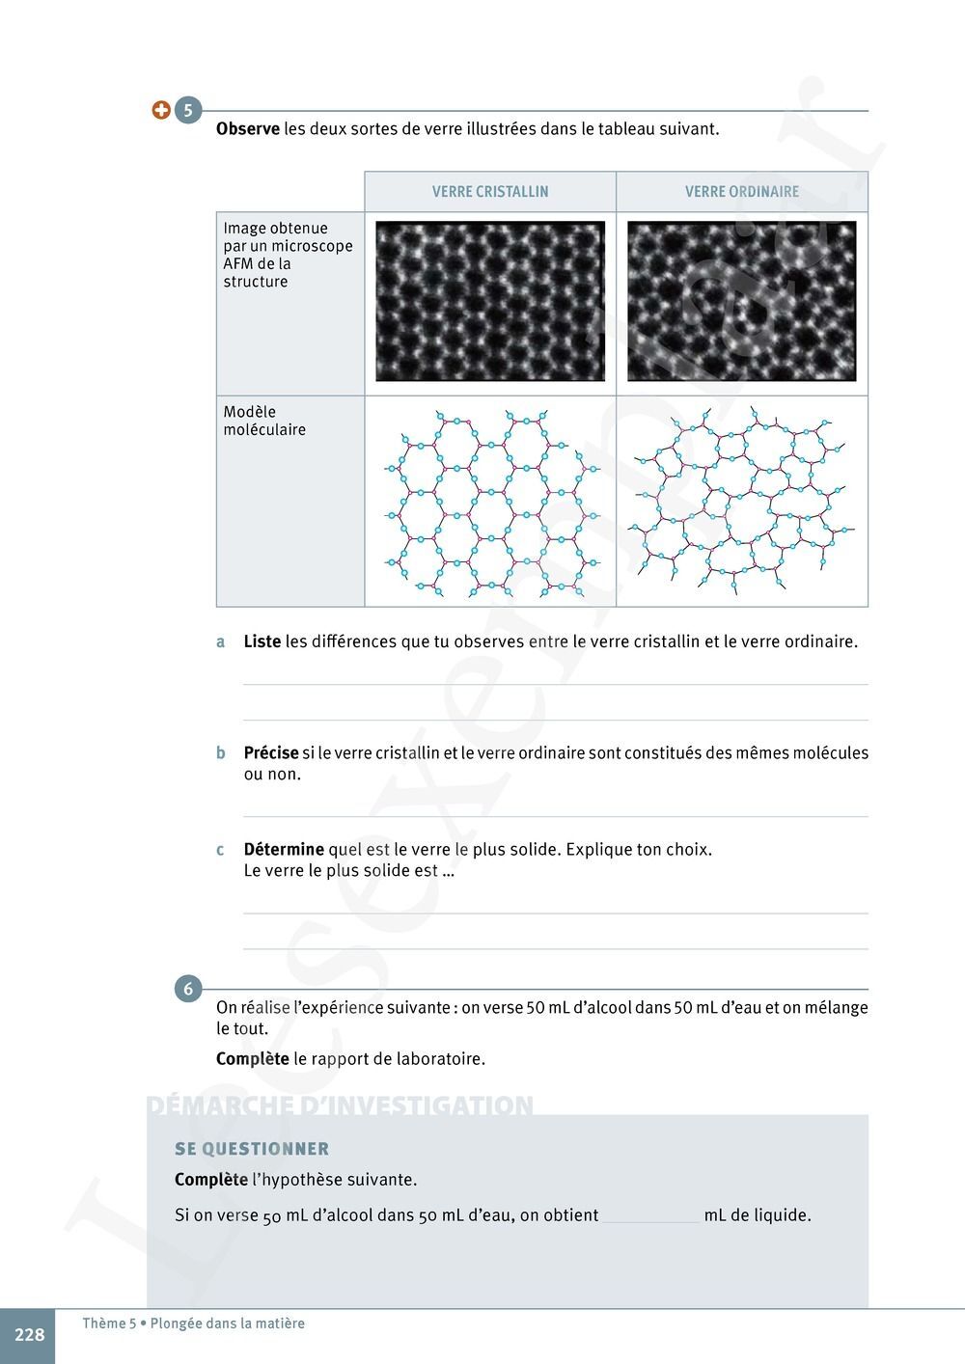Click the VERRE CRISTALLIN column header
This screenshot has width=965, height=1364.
click(490, 192)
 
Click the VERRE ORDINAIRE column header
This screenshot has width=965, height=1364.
click(742, 192)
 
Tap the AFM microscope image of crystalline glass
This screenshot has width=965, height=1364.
click(490, 301)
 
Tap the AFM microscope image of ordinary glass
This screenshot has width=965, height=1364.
click(741, 301)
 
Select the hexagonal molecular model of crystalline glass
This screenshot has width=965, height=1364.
click(490, 501)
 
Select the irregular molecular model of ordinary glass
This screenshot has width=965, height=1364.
click(741, 501)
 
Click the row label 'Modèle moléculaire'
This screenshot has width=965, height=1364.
click(264, 421)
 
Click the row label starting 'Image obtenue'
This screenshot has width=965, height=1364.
click(288, 255)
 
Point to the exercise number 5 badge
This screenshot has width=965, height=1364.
click(187, 110)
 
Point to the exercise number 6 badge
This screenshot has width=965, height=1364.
click(187, 989)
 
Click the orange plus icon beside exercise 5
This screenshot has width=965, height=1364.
click(161, 110)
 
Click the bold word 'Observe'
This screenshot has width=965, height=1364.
click(248, 128)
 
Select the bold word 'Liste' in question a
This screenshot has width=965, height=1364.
click(262, 641)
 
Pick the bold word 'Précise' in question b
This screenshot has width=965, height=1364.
click(271, 753)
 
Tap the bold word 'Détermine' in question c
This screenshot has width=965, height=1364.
click(284, 850)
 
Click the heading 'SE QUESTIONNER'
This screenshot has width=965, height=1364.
click(252, 1149)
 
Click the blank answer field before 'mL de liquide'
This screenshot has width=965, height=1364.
click(651, 1215)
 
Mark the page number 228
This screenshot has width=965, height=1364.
click(29, 1335)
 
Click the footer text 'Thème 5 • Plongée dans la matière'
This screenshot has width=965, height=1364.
click(193, 1323)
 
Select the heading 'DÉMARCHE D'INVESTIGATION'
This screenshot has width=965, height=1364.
click(340, 1105)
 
